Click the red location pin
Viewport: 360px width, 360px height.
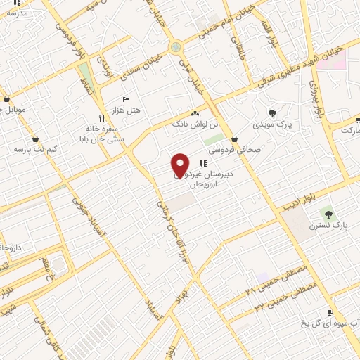coord(180,165)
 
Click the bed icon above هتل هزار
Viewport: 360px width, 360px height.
coord(126,99)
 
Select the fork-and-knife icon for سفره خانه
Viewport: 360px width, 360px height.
coord(102,117)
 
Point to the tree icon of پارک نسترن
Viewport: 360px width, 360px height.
coord(326,212)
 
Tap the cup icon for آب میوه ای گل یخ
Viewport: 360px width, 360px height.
coord(329,313)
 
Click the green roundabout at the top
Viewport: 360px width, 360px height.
coord(175,47)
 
